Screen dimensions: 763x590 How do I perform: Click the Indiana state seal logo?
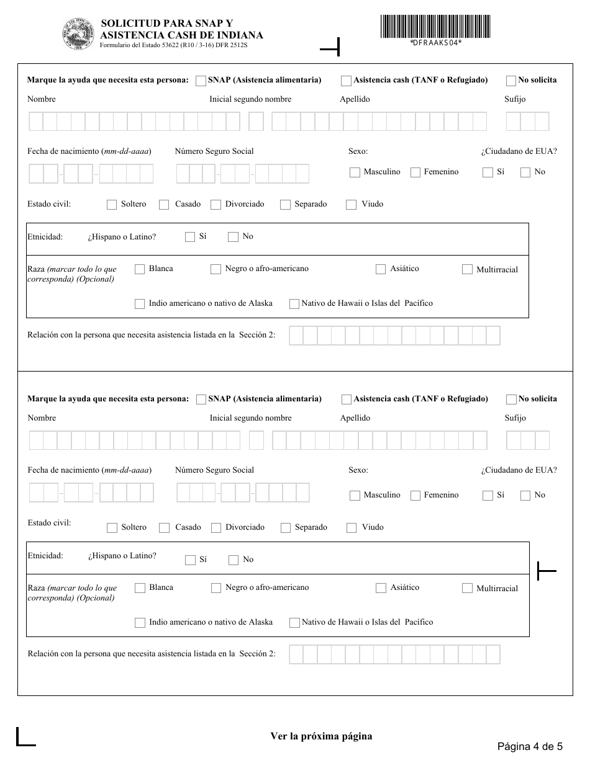(x=79, y=32)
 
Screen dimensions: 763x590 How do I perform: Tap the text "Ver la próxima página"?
(x=321, y=736)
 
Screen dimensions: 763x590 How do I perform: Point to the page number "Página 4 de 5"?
(x=530, y=746)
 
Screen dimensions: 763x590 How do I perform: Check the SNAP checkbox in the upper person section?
(x=201, y=81)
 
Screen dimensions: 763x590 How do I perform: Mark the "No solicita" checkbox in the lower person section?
(x=511, y=399)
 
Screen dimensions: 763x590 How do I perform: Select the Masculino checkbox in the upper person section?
(x=355, y=172)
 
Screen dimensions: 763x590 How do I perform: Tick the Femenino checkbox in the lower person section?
(x=415, y=496)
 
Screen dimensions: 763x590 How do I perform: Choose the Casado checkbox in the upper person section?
(x=164, y=205)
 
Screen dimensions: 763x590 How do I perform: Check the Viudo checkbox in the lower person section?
(x=352, y=528)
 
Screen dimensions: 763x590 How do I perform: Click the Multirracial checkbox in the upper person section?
(x=467, y=270)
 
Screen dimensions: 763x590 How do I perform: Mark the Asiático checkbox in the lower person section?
(x=381, y=588)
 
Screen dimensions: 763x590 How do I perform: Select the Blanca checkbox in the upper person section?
(x=140, y=269)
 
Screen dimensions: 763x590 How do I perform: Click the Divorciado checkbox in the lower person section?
(x=216, y=528)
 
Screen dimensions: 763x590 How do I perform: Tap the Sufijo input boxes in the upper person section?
(x=527, y=122)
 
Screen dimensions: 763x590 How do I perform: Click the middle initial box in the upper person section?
(x=256, y=122)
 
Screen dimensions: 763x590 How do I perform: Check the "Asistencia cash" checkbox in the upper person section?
(x=346, y=81)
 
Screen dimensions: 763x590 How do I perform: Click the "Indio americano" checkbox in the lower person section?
(x=140, y=623)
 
